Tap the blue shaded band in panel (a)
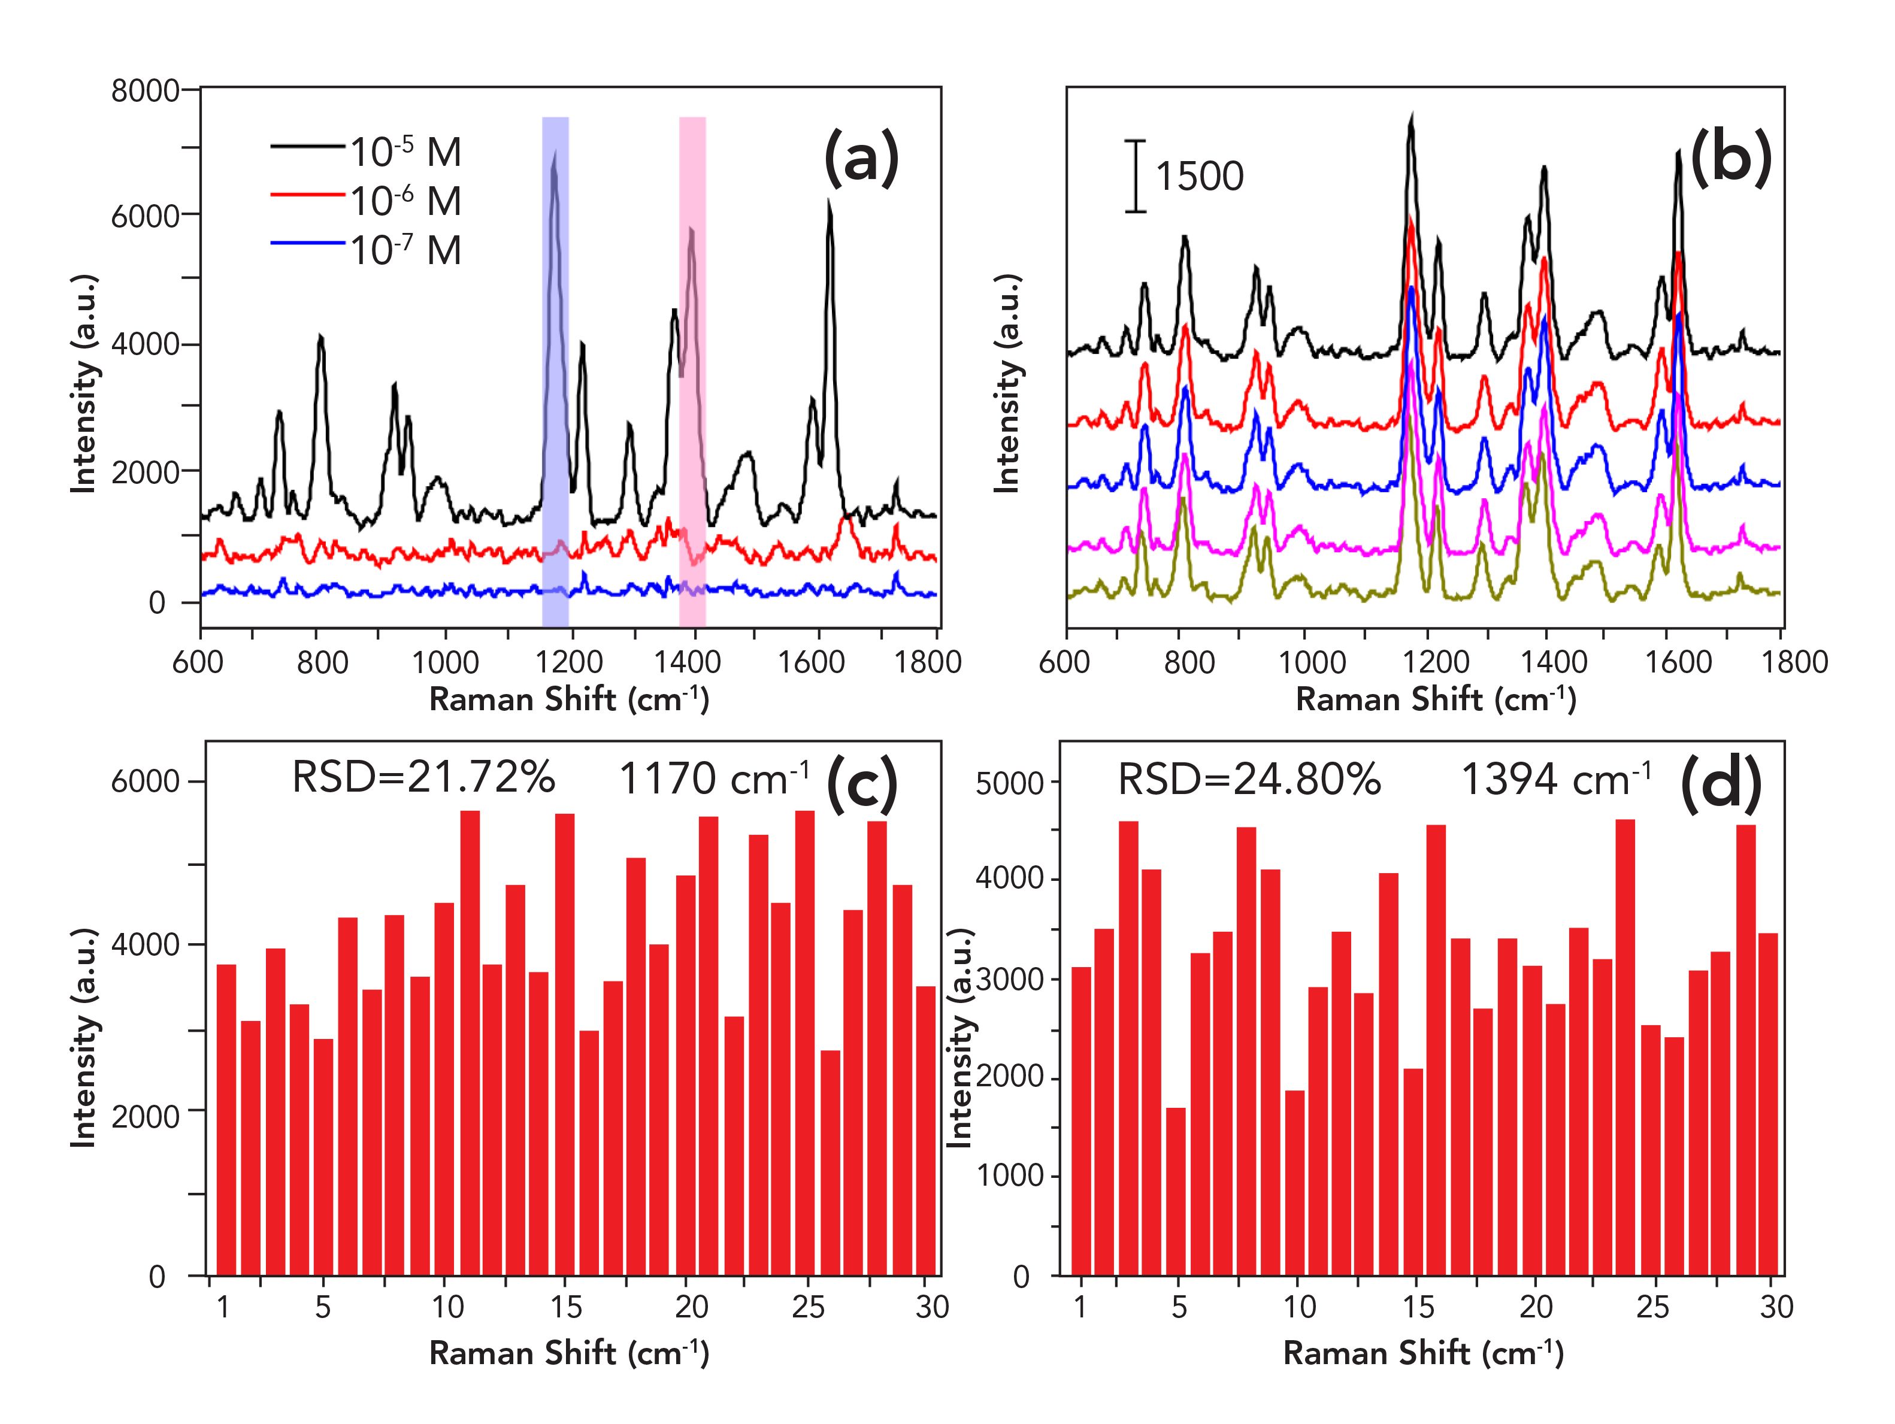[555, 386]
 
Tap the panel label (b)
[1730, 159]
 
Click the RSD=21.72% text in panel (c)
[423, 778]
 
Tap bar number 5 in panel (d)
[1176, 1191]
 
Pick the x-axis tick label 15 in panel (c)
[566, 1306]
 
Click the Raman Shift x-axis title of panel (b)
[1436, 699]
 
